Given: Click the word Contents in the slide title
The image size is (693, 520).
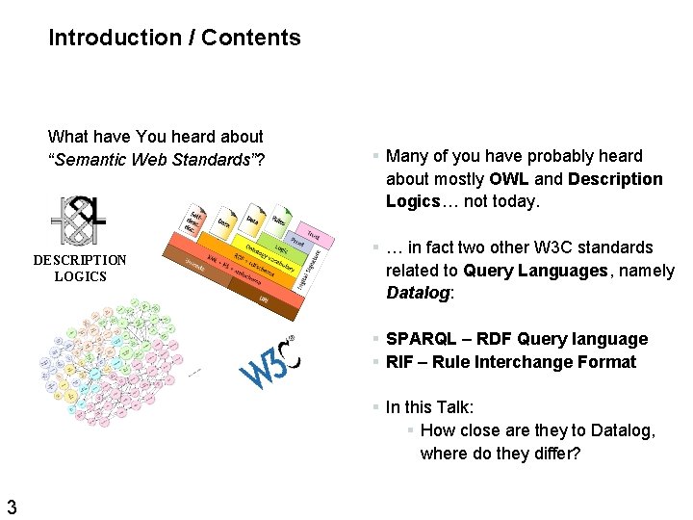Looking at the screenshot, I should point(251,39).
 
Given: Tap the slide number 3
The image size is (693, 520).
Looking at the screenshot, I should point(12,507).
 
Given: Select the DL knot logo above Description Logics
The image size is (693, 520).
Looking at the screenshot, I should point(81,222).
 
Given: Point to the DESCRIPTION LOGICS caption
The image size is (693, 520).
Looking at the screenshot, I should point(80,269).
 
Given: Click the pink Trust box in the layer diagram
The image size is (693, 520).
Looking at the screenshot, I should point(314,233).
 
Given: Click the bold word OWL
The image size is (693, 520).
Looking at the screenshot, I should point(509,179).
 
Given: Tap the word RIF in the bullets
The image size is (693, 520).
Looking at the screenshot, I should point(399,362).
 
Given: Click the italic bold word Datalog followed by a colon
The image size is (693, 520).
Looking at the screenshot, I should point(417,294).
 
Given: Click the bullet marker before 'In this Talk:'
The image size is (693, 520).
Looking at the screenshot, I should point(376,407).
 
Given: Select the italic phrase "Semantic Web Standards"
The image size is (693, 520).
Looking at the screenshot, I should point(153,160).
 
